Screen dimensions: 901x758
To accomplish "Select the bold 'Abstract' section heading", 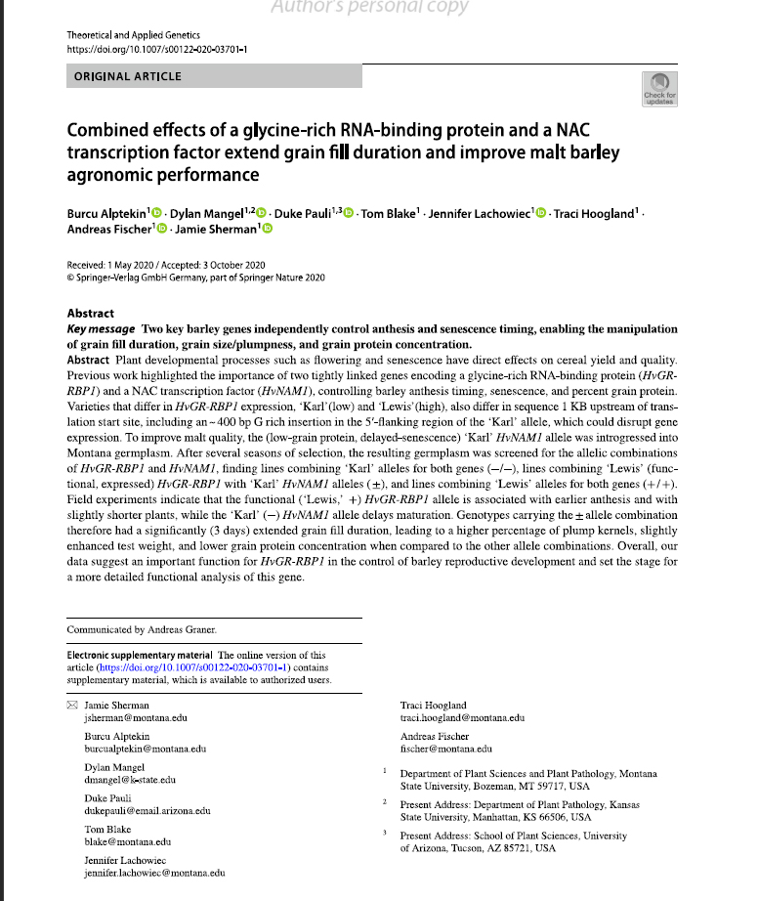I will (x=90, y=314).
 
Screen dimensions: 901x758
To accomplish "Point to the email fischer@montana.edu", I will (x=446, y=750).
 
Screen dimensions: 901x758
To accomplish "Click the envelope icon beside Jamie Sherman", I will (x=71, y=705).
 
